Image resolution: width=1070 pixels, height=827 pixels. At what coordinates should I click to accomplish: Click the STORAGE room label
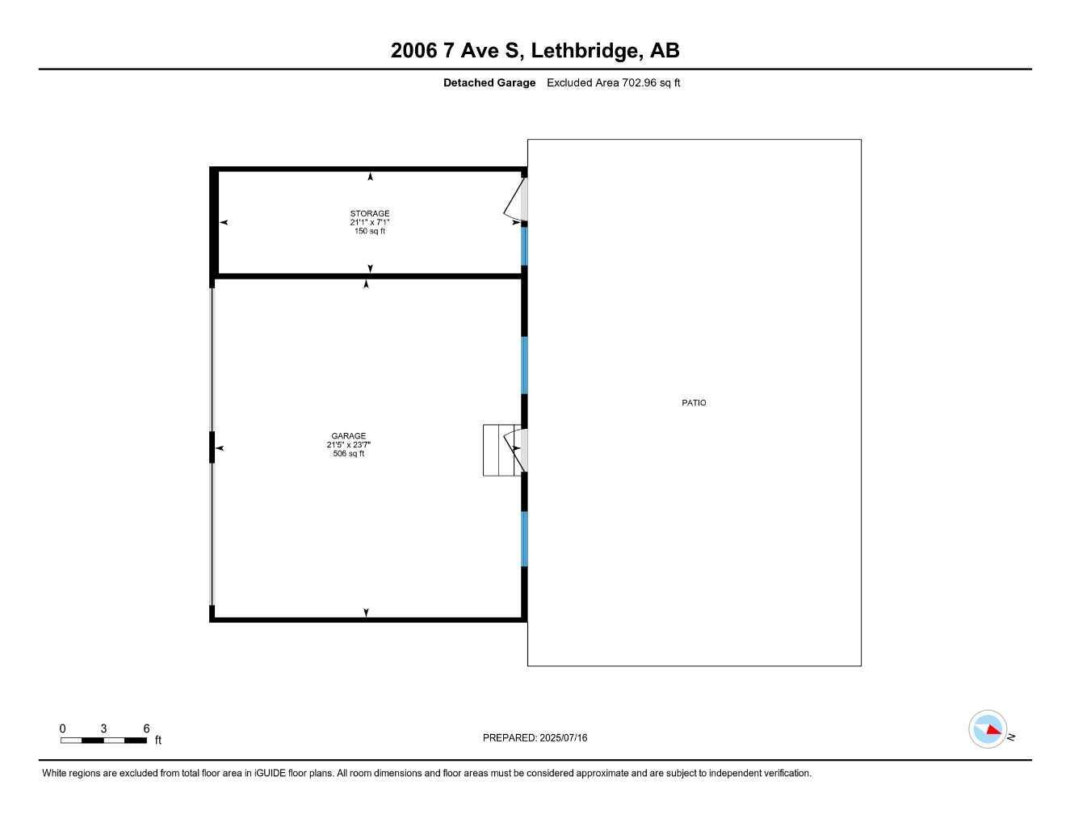pos(369,214)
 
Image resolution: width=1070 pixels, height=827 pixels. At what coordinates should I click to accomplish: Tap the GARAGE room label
pos(348,436)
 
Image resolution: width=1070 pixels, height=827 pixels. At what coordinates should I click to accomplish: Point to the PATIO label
pos(694,403)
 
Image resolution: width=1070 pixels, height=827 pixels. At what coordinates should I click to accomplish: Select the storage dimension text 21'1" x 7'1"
pos(369,223)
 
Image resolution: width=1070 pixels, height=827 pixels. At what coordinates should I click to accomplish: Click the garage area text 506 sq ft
pos(348,454)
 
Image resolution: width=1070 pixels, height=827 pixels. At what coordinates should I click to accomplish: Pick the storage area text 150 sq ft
pos(369,232)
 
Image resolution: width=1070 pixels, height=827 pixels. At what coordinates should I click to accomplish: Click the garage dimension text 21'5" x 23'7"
pos(348,445)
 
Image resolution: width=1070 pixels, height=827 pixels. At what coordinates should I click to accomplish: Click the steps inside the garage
pos(497,450)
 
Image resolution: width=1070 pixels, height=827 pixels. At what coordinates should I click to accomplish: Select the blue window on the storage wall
pos(524,246)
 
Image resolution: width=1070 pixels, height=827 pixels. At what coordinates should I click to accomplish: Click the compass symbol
pos(988,729)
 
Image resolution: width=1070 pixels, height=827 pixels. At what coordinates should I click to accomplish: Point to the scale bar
pos(103,740)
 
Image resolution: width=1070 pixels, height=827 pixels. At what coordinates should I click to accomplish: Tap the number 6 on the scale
pos(146,728)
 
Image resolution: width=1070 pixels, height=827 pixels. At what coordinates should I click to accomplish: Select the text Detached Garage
pos(489,82)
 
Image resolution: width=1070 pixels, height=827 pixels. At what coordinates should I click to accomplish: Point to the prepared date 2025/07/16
pos(564,737)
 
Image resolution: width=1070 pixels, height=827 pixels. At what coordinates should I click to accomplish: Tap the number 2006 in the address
pos(413,51)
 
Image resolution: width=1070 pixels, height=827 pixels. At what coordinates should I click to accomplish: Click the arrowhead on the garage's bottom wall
pos(366,613)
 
